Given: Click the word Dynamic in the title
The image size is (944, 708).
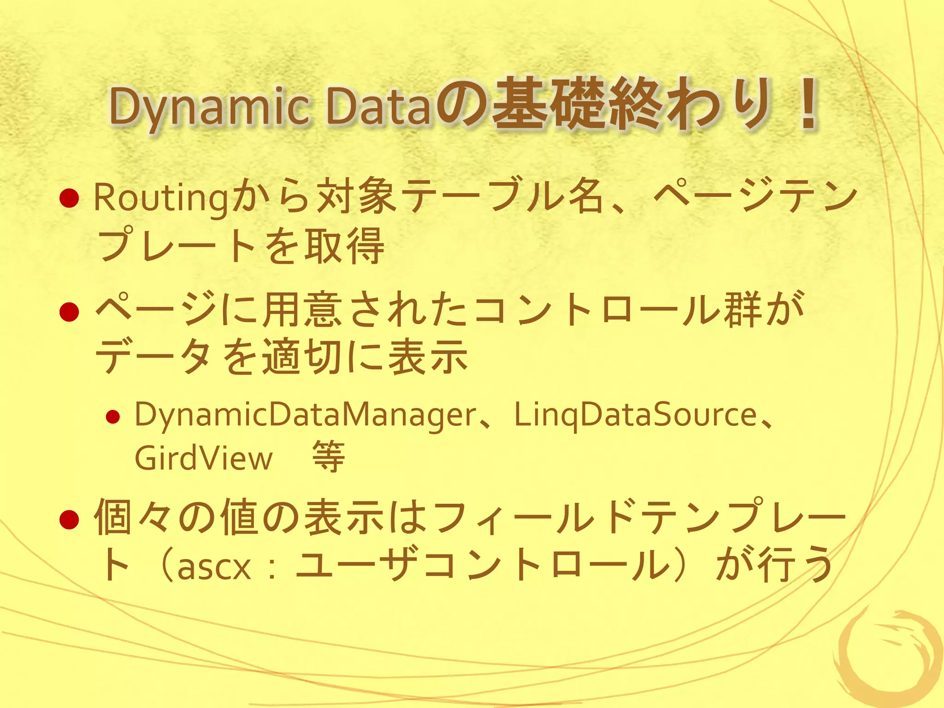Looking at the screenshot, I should click(210, 107).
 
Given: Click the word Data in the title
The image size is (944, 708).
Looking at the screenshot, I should click(378, 107).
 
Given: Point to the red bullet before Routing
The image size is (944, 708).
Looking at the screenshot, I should click(70, 198).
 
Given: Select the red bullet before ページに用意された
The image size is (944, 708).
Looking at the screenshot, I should click(70, 312).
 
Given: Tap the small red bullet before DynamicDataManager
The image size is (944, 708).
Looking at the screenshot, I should click(112, 418).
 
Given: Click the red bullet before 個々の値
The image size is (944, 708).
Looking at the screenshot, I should click(70, 520).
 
